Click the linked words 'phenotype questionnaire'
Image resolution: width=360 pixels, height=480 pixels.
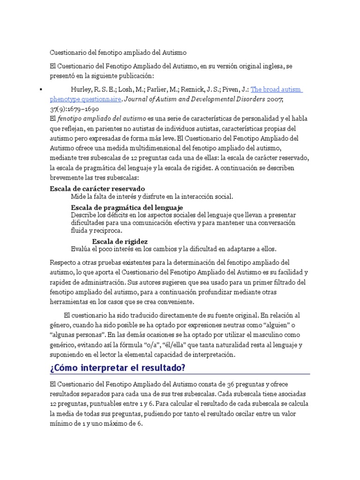(86, 99)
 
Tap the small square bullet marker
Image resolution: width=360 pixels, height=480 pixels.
(41, 89)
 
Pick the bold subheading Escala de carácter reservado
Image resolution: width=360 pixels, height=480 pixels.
(97, 188)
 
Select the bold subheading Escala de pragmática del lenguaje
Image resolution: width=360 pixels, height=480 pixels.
(127, 207)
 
